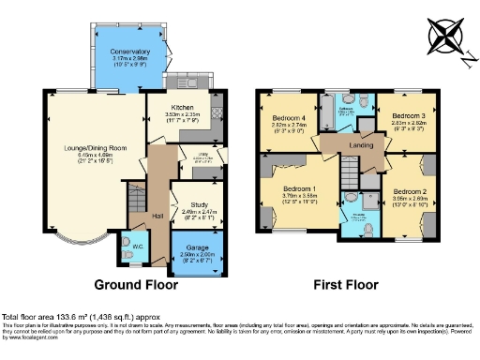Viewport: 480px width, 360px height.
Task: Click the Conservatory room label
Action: tap(129, 52)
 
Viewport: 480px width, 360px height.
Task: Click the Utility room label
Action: tap(201, 157)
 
